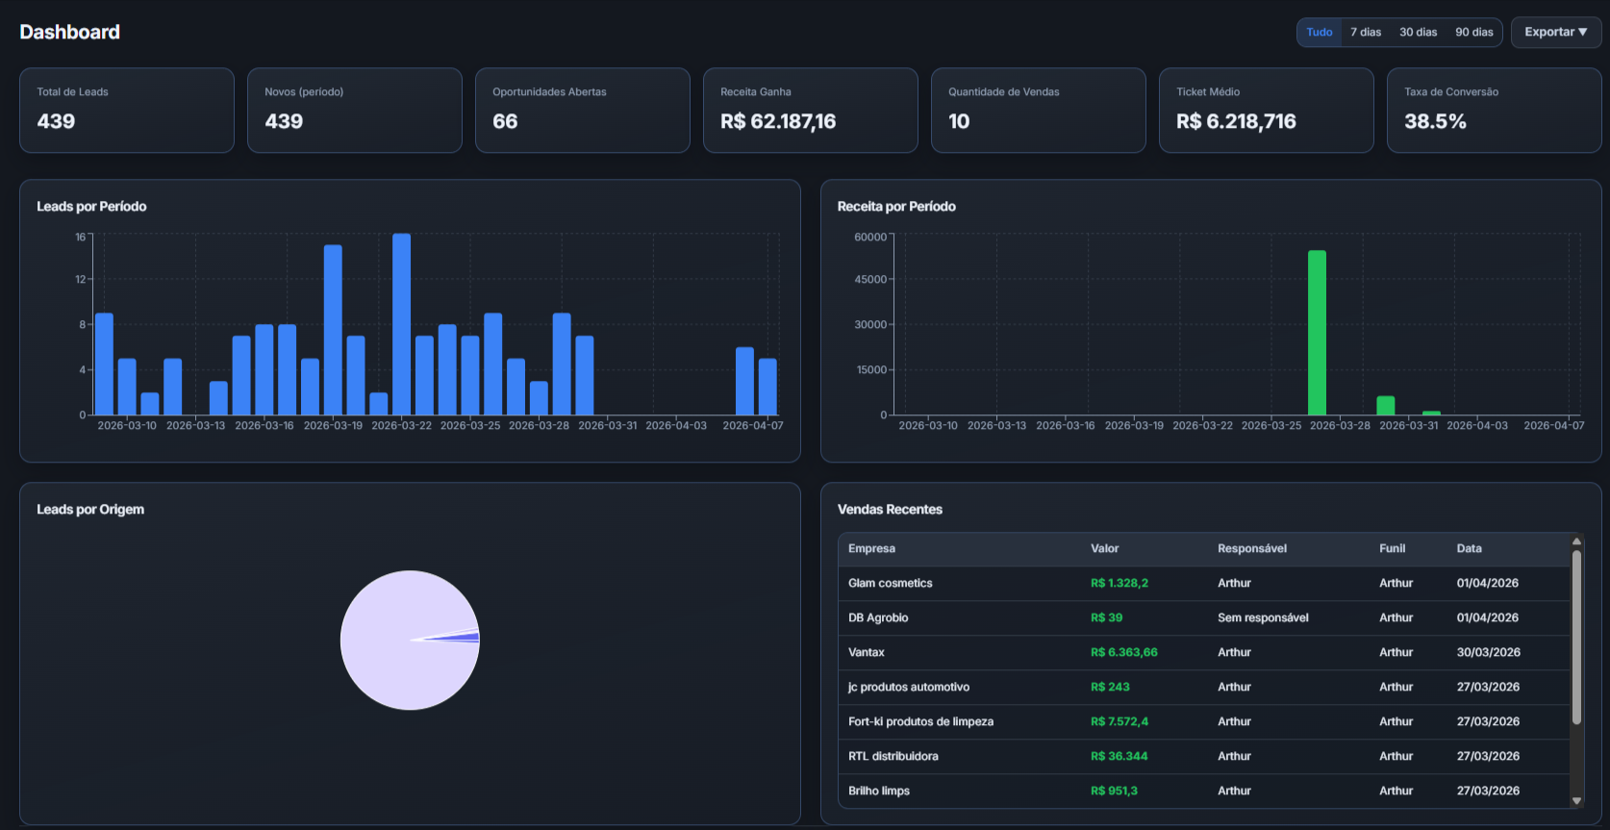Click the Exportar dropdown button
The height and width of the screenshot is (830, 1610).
tap(1555, 32)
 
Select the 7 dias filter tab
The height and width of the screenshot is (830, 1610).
tap(1365, 32)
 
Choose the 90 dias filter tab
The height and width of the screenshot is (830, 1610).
tap(1473, 32)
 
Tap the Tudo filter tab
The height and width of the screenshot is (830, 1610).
tap(1319, 32)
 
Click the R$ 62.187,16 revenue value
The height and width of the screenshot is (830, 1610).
tap(778, 121)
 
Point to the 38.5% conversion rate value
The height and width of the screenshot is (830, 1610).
tap(1435, 121)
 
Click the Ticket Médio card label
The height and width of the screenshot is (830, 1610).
tap(1208, 92)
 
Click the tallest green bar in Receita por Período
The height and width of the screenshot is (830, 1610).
tap(1317, 332)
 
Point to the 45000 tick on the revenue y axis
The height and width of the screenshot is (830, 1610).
tap(870, 280)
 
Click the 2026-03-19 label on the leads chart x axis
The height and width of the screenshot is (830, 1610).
tap(333, 425)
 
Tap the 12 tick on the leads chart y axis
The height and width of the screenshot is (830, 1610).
tap(81, 279)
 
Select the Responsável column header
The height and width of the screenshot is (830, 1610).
tap(1251, 548)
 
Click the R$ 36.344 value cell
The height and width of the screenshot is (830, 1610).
tap(1119, 756)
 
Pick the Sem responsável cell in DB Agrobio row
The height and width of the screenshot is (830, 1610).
tap(1263, 617)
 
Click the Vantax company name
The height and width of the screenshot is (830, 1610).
tap(866, 652)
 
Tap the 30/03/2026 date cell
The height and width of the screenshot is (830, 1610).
tap(1488, 652)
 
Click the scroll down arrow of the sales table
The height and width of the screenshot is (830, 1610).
tap(1576, 800)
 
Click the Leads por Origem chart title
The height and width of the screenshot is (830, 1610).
tap(90, 510)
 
